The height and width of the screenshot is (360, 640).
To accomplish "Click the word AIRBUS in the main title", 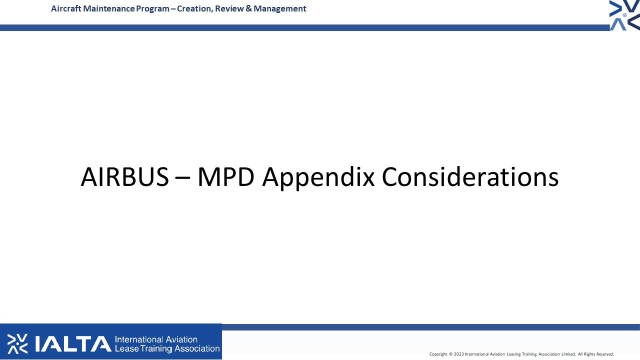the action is (x=125, y=177).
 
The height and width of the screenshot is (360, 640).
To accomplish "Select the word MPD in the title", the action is (x=225, y=177).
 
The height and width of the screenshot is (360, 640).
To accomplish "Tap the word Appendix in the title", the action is (x=318, y=178).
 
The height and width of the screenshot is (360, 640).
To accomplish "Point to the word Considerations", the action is (x=470, y=176).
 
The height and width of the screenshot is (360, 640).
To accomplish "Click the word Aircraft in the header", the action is (x=66, y=8).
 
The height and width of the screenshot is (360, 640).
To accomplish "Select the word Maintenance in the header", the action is (x=108, y=8).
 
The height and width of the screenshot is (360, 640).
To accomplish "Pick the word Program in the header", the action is (x=152, y=9).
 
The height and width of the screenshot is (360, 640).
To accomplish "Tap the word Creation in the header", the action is (x=195, y=9).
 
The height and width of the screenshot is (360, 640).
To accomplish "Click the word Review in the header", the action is (x=229, y=8).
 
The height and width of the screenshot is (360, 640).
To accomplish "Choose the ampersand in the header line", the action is (x=248, y=8).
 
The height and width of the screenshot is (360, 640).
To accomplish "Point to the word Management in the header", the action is (x=279, y=9).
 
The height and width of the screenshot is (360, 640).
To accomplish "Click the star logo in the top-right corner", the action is (x=624, y=15).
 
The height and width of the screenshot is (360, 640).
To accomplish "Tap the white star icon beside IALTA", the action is (x=17, y=343).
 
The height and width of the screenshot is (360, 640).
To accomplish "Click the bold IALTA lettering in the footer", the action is (x=73, y=343).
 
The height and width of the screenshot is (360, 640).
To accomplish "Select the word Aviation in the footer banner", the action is (x=181, y=339).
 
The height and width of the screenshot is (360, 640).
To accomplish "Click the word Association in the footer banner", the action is (x=197, y=348).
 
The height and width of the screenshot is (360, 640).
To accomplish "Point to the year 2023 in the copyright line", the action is (x=459, y=354).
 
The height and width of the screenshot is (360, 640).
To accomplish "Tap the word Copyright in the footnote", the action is (x=438, y=354).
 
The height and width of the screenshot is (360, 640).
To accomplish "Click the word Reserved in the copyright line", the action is (x=605, y=354).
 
